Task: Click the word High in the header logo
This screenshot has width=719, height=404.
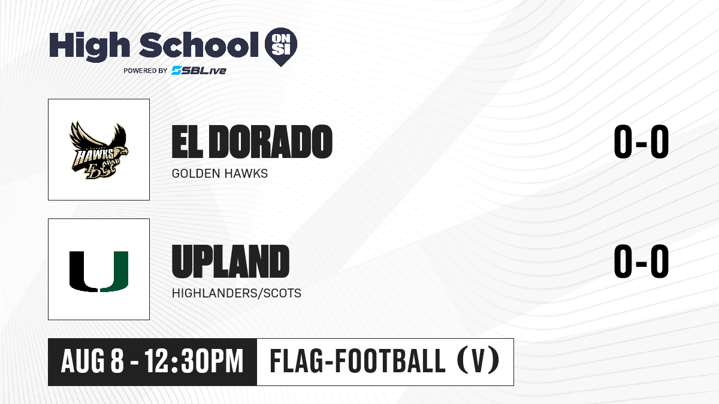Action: point(90,46)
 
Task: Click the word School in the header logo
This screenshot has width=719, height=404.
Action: point(199,45)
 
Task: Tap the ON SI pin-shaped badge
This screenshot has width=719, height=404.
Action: point(281,47)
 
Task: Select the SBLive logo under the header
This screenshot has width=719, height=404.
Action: point(199,71)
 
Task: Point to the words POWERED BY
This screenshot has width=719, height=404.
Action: point(146,71)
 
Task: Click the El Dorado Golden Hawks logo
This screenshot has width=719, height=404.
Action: point(99,150)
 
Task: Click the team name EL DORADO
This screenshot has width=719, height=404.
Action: point(252,142)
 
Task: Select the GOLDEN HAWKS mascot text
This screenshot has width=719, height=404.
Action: point(219,174)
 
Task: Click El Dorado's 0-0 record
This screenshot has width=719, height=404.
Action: point(641,142)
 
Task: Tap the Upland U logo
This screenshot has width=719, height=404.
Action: point(99,272)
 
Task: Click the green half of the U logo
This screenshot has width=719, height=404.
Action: point(114,272)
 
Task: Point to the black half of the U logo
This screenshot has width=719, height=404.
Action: point(83,272)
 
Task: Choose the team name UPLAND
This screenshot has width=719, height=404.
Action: point(231,262)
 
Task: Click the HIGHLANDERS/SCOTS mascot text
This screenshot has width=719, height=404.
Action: point(237,293)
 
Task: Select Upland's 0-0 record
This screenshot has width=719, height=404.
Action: point(641,262)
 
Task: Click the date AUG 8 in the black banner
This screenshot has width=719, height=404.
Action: point(92,362)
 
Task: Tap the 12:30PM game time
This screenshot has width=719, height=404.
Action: point(194,362)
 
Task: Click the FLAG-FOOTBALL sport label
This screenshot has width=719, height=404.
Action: point(358,362)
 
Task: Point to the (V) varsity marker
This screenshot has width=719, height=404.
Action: point(478,361)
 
